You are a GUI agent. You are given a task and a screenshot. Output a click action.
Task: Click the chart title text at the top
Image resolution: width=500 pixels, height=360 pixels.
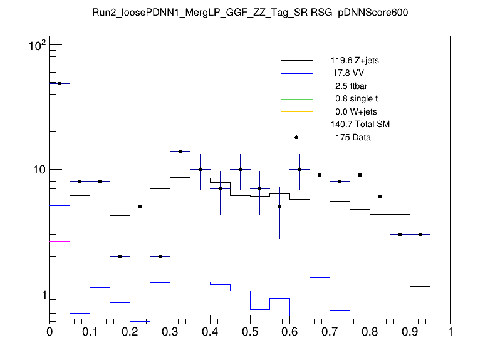pyautogui.click(x=250, y=13)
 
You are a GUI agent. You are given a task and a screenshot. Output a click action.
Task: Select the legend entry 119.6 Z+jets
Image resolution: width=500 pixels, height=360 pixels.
pyautogui.click(x=355, y=61)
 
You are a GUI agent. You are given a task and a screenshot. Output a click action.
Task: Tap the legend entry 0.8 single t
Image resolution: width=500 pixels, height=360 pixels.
pyautogui.click(x=357, y=99)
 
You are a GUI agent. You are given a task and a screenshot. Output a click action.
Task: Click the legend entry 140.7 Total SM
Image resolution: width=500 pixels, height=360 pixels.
pyautogui.click(x=360, y=125)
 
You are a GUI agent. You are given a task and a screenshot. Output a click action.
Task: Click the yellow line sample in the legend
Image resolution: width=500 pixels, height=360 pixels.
pyautogui.click(x=296, y=111)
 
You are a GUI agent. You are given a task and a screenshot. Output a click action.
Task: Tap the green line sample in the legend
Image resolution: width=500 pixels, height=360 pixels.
pyautogui.click(x=296, y=99)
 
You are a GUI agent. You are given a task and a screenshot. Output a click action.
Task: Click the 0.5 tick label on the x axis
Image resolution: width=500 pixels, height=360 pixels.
pyautogui.click(x=250, y=332)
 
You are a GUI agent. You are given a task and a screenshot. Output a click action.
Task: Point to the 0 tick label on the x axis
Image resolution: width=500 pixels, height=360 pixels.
pyautogui.click(x=50, y=332)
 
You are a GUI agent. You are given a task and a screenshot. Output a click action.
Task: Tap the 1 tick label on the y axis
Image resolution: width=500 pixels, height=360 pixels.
pyautogui.click(x=42, y=294)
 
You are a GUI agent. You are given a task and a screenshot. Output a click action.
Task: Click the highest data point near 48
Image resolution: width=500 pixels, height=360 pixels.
pyautogui.click(x=60, y=83)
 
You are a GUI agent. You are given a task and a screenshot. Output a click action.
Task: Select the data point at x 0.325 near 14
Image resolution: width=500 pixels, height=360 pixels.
pyautogui.click(x=180, y=151)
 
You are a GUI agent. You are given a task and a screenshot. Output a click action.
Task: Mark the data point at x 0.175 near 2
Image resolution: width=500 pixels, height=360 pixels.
pyautogui.click(x=120, y=256)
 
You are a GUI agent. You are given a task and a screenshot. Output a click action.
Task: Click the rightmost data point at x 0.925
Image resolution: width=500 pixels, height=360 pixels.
pyautogui.click(x=420, y=234)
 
